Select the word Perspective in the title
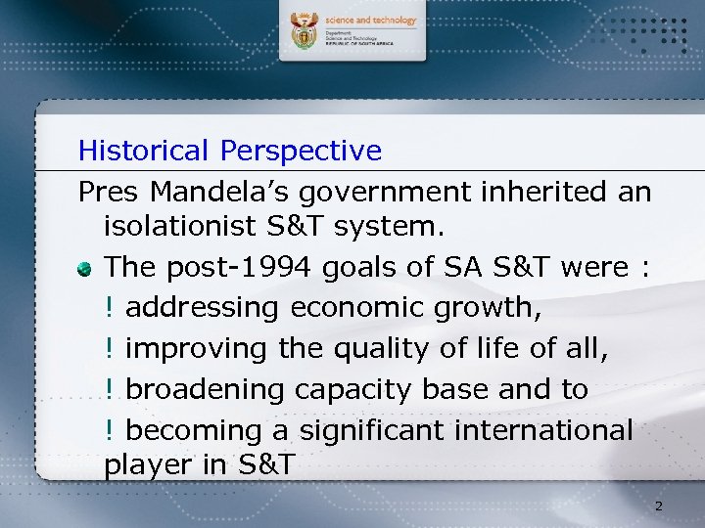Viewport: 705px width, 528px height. click(301, 151)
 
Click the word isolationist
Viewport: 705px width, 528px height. click(181, 227)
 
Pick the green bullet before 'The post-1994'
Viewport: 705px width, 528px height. click(87, 267)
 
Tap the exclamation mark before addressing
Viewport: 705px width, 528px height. click(110, 307)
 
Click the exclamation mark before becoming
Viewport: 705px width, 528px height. click(110, 430)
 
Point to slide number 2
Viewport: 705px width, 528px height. click(658, 506)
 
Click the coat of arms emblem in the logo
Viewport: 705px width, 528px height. click(305, 31)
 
